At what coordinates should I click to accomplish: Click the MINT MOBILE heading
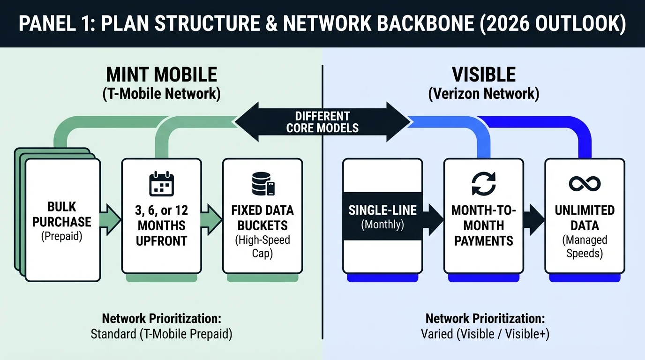tap(161, 75)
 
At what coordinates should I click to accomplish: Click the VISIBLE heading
tap(484, 75)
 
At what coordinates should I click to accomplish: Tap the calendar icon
tap(161, 184)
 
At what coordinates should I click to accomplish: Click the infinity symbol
tap(585, 184)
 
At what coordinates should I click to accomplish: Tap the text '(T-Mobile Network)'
tap(161, 93)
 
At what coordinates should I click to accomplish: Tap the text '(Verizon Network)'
tap(484, 93)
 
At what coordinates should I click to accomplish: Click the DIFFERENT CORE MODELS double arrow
tap(322, 122)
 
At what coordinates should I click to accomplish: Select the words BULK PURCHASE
tap(62, 214)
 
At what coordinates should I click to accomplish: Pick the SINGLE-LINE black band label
tap(382, 210)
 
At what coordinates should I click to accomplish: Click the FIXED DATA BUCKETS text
tap(262, 218)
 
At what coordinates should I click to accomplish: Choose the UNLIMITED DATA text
tap(585, 218)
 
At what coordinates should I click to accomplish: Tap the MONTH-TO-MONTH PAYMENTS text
tap(483, 225)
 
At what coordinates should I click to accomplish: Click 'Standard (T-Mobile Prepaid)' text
tap(161, 335)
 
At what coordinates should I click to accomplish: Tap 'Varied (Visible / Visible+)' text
tap(485, 335)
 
